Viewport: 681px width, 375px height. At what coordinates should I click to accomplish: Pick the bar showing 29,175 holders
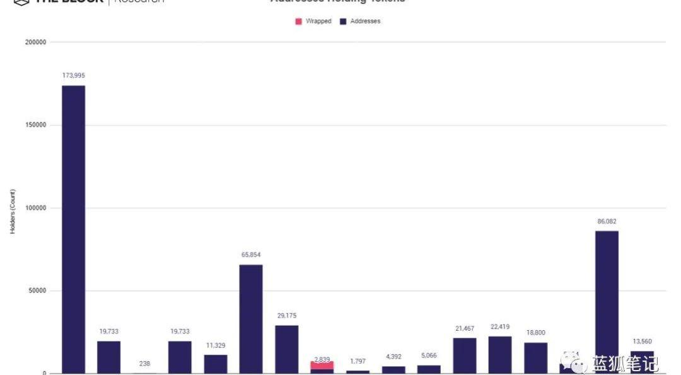pos(286,349)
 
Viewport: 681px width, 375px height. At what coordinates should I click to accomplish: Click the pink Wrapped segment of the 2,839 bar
pos(322,365)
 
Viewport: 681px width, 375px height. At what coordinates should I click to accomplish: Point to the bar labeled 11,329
pos(215,364)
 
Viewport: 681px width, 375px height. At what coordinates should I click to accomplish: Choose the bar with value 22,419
pos(500,354)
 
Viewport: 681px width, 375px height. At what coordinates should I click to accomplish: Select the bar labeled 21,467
pos(464,355)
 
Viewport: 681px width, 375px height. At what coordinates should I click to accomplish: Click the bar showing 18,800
pos(535,357)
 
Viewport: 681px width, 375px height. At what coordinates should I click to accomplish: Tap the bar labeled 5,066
pos(429,369)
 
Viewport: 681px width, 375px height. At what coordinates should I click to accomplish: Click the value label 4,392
pos(393,357)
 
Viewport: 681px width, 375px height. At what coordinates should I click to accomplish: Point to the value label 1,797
pos(358,361)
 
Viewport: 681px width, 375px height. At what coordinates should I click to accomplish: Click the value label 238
pos(144,364)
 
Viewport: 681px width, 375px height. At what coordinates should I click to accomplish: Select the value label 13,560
pos(642,342)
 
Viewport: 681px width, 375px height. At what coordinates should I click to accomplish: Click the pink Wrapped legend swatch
pos(298,21)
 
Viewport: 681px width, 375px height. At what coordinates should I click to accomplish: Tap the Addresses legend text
pos(365,21)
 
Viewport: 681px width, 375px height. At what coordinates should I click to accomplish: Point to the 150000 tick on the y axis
pos(35,125)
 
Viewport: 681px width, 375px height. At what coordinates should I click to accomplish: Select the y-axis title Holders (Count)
pos(13,211)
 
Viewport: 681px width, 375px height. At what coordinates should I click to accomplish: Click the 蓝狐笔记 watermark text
pos(624,364)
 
